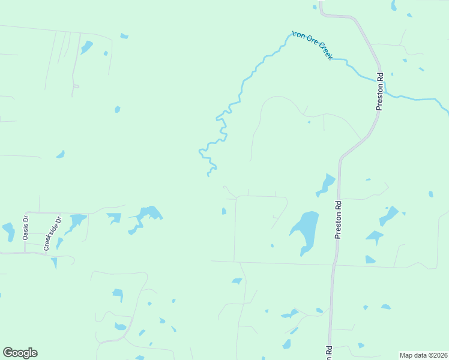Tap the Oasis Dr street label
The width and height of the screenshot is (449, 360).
pos(26,228)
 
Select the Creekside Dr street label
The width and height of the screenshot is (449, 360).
pos(53,233)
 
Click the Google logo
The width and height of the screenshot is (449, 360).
pos(20,353)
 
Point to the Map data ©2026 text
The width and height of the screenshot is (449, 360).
pos(423,355)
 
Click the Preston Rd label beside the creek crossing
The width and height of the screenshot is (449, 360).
pos(379,92)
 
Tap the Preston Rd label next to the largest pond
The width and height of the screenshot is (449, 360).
pos(339,220)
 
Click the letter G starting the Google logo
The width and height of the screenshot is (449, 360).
pos(8,353)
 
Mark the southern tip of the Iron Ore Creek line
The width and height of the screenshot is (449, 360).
pos(208,175)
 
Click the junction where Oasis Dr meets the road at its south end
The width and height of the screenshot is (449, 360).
pos(25,252)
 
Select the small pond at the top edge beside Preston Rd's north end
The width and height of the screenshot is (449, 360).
pos(315,7)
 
